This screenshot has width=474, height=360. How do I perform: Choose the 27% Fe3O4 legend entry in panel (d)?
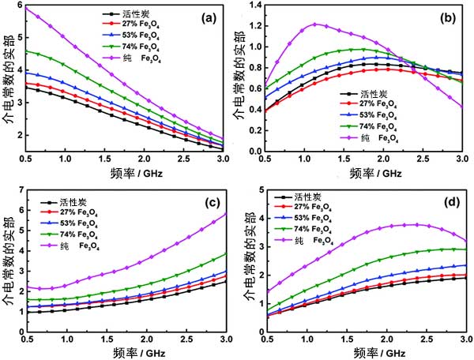(x=319, y=206)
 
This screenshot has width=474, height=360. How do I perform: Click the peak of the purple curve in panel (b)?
(x=316, y=24)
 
